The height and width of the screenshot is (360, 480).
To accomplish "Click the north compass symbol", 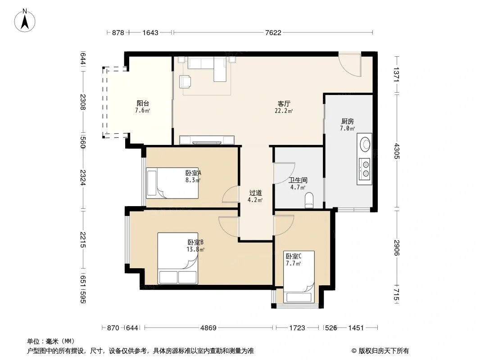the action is click(25, 21).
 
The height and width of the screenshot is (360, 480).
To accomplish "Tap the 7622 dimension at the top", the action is click(273, 32).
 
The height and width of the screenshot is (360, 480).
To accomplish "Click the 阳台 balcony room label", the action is click(143, 103).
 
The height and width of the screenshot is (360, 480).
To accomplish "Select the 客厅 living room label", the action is click(284, 103).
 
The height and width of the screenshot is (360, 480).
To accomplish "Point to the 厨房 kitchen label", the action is click(348, 121).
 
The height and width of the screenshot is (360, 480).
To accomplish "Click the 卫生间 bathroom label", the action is click(298, 180).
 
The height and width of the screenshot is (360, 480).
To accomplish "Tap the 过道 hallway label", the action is click(255, 193).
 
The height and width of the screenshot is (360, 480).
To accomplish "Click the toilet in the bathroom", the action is click(309, 200).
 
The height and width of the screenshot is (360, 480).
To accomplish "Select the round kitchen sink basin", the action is click(365, 144).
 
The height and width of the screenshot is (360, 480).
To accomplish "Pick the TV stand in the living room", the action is click(207, 140).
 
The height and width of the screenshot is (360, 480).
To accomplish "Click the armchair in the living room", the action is click(186, 81).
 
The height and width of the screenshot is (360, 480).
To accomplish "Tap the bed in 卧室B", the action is click(177, 258).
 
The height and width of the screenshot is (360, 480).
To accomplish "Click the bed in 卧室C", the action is click(299, 277).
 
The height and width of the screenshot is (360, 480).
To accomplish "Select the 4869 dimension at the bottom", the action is click(208, 328).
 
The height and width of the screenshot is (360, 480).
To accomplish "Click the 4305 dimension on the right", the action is click(396, 151).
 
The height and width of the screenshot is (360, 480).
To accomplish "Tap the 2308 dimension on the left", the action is click(83, 102).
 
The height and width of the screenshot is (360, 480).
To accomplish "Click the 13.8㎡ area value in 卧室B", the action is click(195, 249).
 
